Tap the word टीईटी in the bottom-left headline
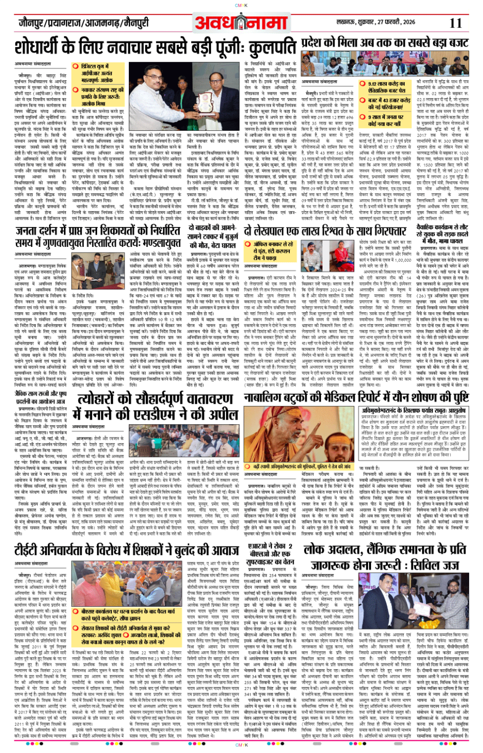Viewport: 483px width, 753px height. coord(33,550)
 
